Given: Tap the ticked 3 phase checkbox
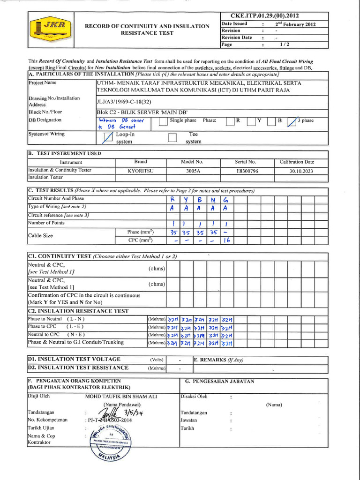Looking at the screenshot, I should coord(292,121).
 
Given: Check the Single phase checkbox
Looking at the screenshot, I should coord(163,121).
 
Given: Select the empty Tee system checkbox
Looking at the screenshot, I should coord(172,137).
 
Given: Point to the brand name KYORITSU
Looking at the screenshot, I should coord(141,171).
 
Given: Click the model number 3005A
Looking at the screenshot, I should coord(193,171).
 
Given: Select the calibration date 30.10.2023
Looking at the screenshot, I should coord(297,171).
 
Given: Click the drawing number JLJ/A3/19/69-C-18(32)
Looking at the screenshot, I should coord(124,101).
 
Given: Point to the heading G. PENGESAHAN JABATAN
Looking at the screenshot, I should coord(219,381).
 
